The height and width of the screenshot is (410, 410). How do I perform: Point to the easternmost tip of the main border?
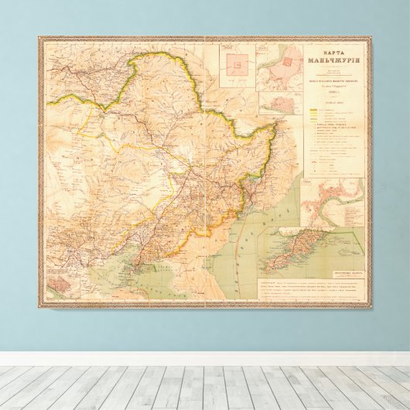(x=275, y=127)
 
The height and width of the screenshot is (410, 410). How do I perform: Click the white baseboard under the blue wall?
(x=205, y=358)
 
